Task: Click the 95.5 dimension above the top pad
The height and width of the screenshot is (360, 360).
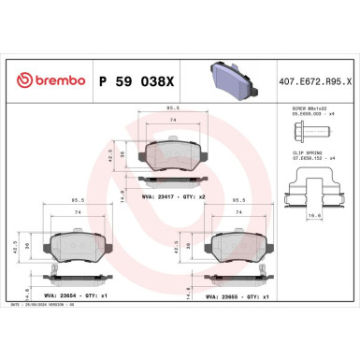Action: click(x=173, y=111)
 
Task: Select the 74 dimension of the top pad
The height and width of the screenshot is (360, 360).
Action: click(x=173, y=122)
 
